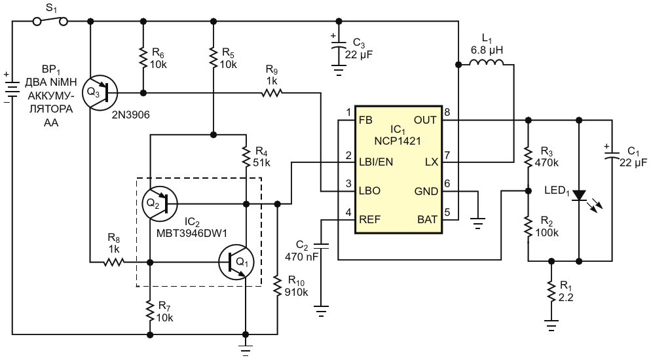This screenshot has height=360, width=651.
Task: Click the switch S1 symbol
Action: click(50, 20)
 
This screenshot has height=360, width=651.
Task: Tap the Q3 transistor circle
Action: click(100, 93)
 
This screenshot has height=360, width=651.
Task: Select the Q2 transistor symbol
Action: click(159, 204)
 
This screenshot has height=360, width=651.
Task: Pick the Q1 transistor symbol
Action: click(236, 262)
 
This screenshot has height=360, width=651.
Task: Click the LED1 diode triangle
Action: click(579, 195)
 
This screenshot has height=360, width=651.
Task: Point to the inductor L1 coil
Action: click(486, 62)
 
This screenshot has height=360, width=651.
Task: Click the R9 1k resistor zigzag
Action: click(272, 93)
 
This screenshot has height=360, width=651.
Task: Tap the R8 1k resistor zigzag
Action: click(114, 262)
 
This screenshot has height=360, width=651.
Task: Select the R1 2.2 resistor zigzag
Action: click(551, 292)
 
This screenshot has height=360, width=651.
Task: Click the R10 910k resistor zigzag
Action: click(278, 286)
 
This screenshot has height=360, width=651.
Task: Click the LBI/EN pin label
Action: click(376, 162)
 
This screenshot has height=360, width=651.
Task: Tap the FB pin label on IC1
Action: click(365, 120)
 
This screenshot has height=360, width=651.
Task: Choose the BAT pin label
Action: click(427, 219)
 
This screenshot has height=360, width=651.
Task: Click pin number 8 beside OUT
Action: click(447, 112)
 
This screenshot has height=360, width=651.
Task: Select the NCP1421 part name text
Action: click(398, 141)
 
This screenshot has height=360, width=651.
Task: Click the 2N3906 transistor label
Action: click(131, 115)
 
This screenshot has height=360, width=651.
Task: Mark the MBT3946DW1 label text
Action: click(192, 234)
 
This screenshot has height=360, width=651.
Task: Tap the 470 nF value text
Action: click(302, 257)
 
